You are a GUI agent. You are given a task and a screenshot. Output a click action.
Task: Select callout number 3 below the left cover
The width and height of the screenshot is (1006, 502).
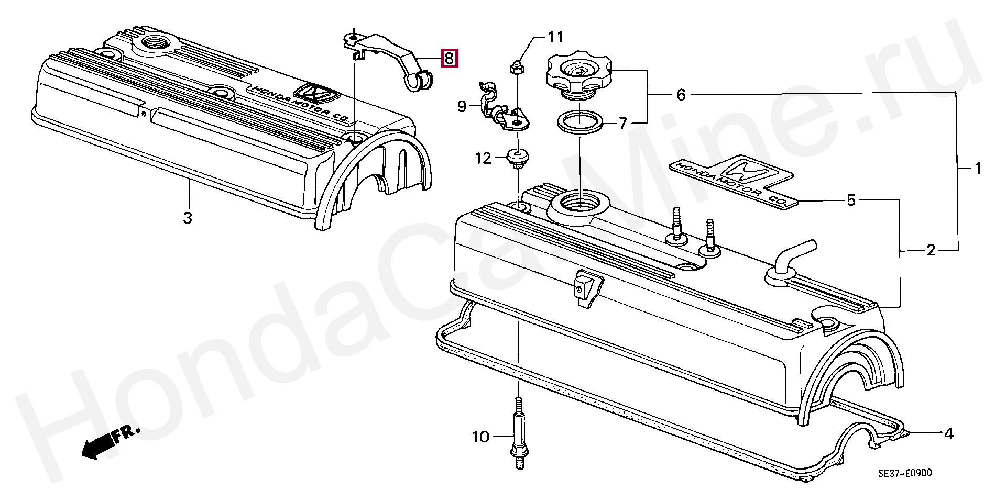[188, 217]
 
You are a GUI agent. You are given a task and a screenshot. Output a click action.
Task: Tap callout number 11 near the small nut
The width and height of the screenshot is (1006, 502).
[555, 37]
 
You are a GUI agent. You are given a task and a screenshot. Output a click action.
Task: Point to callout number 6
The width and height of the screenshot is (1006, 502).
[681, 95]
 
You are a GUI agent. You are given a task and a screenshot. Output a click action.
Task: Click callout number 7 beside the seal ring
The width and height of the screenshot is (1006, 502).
[622, 124]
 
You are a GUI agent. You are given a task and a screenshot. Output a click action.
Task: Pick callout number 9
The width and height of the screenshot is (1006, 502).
[462, 107]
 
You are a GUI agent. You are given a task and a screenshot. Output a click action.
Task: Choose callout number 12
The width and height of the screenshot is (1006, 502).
[483, 158]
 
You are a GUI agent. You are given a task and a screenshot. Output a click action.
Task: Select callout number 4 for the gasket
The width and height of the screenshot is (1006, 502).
[948, 433]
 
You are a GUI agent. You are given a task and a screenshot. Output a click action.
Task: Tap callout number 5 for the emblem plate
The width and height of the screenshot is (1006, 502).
[851, 200]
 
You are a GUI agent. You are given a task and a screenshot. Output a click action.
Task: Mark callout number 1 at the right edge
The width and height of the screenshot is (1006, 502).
[977, 169]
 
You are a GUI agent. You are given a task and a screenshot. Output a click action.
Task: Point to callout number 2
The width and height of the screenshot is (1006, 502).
[931, 250]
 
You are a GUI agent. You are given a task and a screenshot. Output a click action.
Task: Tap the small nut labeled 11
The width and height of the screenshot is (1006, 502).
[515, 67]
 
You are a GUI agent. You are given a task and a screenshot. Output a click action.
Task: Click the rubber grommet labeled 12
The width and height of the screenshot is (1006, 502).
[518, 158]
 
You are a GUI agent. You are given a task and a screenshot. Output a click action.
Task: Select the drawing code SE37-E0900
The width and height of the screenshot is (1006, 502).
[905, 473]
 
